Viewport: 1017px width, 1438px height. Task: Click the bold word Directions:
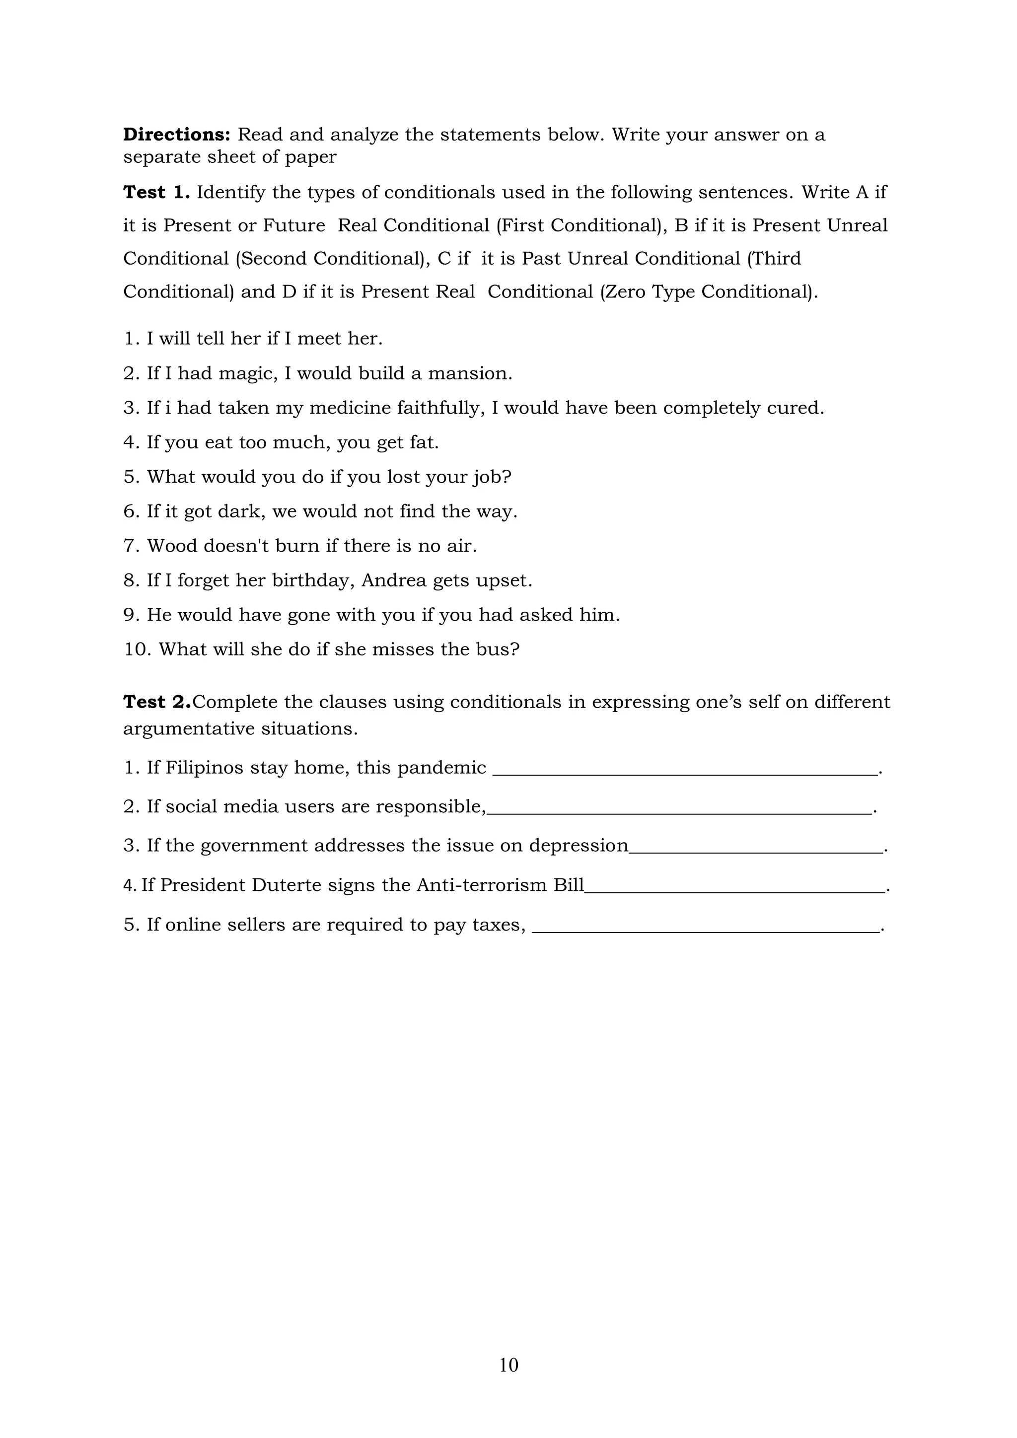177,135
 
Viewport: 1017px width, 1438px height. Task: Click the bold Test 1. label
156,192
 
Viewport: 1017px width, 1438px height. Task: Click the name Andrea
393,580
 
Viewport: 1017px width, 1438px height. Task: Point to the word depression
578,846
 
